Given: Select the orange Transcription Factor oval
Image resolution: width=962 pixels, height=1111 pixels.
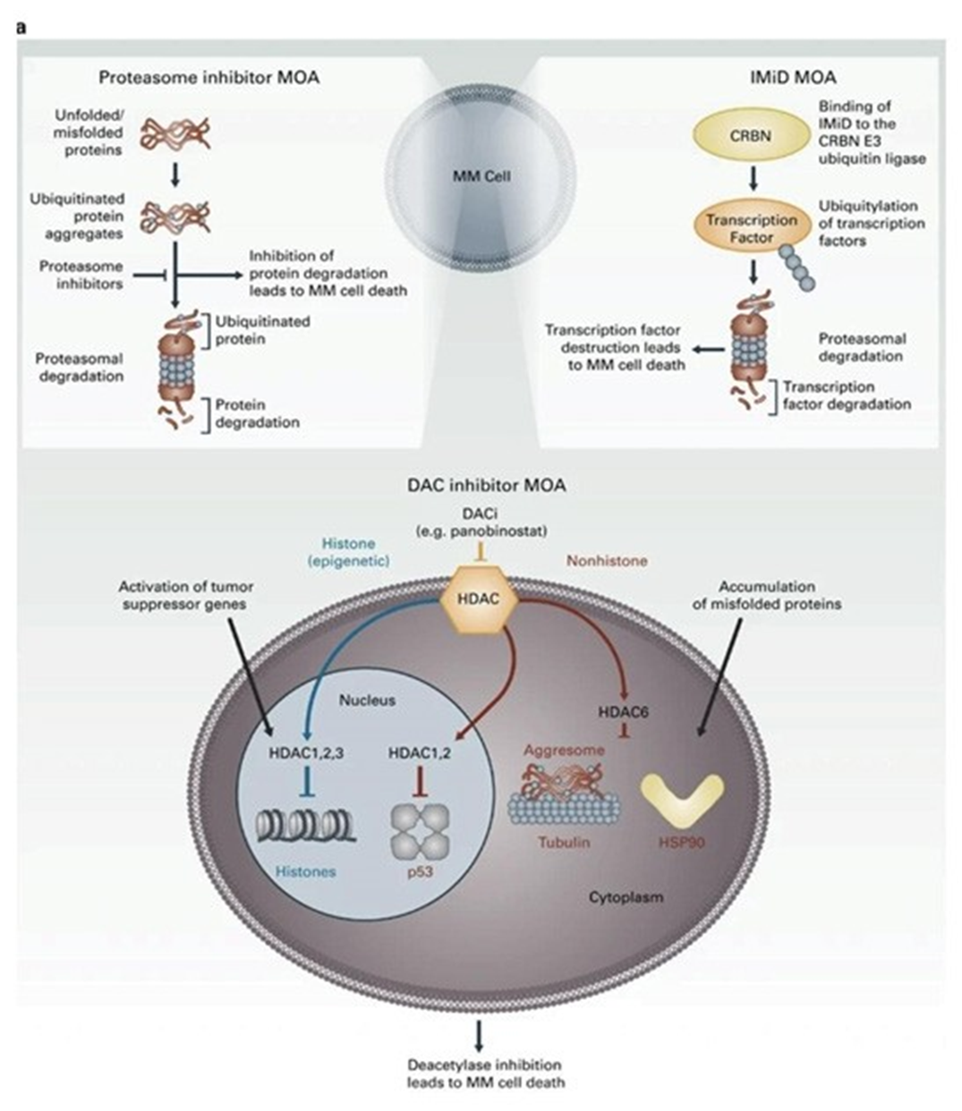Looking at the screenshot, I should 751,228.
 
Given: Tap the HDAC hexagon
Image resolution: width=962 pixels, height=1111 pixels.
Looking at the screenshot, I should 478,599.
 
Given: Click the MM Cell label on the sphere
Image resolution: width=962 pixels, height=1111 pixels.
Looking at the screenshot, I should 481,176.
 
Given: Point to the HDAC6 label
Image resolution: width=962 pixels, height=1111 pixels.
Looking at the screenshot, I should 623,712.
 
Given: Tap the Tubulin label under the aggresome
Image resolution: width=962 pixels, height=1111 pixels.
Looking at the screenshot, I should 564,842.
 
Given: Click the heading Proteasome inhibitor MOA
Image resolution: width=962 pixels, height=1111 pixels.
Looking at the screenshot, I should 209,77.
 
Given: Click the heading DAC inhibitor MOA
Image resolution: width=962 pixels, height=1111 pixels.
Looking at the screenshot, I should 487,485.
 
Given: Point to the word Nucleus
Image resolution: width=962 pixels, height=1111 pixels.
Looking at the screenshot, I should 367,700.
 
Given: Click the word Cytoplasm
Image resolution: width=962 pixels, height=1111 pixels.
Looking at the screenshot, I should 626,895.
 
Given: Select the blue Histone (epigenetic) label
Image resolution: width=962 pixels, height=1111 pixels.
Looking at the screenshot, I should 348,552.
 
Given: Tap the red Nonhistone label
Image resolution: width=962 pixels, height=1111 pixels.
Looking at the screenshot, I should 608,561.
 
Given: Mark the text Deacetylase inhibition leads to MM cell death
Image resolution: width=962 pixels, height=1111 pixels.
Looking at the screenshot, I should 485,1073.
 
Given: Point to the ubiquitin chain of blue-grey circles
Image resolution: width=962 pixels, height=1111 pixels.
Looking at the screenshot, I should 796,267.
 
